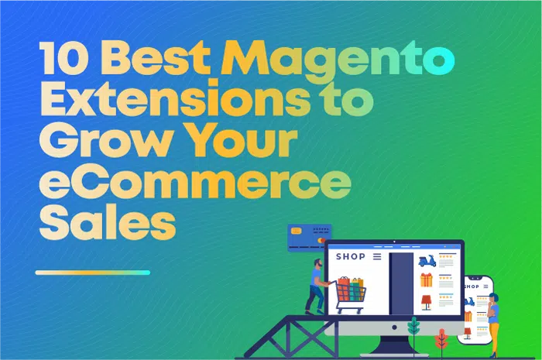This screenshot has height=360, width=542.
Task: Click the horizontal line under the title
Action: (x=93, y=273)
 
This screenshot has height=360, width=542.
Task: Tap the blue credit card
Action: (x=310, y=237)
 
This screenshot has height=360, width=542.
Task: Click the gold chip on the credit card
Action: (x=296, y=231)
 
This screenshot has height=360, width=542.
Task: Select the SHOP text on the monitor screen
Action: (x=351, y=257)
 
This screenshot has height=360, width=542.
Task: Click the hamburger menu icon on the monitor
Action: (x=378, y=257)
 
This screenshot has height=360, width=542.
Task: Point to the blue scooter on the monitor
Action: (x=427, y=261)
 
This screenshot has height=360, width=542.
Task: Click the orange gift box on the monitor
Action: (x=427, y=279)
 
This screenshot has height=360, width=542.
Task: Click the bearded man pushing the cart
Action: (x=316, y=286)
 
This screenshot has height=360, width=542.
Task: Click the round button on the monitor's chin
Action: (x=394, y=327)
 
